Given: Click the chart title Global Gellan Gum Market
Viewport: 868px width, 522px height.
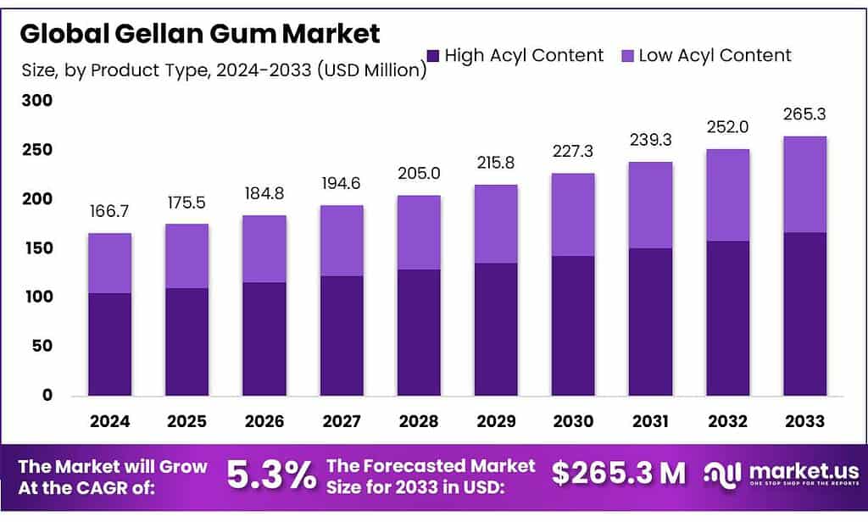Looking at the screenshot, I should (x=200, y=33).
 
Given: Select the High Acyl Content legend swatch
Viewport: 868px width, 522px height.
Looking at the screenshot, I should (x=433, y=56).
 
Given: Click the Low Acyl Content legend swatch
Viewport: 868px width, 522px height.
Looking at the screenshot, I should (x=627, y=56).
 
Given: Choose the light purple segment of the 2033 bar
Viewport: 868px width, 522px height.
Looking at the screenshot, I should (x=805, y=184).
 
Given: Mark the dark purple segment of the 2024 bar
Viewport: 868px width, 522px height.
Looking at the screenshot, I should (x=109, y=344).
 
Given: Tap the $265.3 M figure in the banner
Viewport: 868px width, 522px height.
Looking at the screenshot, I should (x=618, y=473).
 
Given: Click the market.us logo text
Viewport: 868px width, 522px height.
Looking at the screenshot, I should (x=805, y=470).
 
